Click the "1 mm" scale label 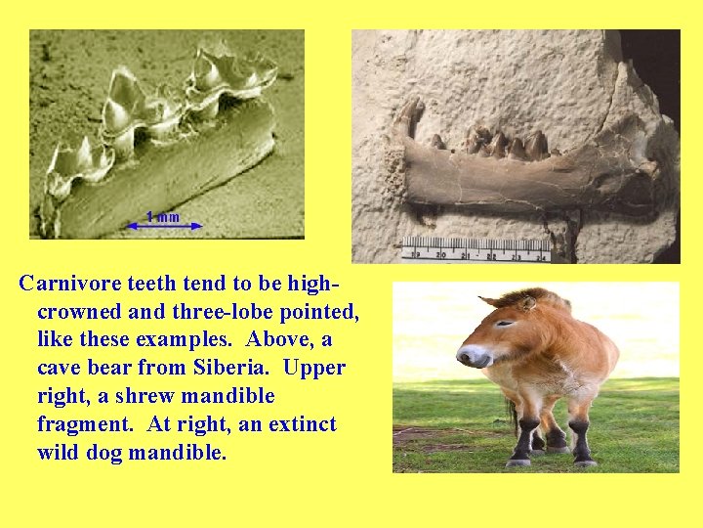click(163, 216)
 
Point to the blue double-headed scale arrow click(165, 227)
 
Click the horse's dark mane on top click(517, 295)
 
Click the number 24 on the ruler click(542, 257)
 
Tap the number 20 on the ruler click(441, 254)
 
